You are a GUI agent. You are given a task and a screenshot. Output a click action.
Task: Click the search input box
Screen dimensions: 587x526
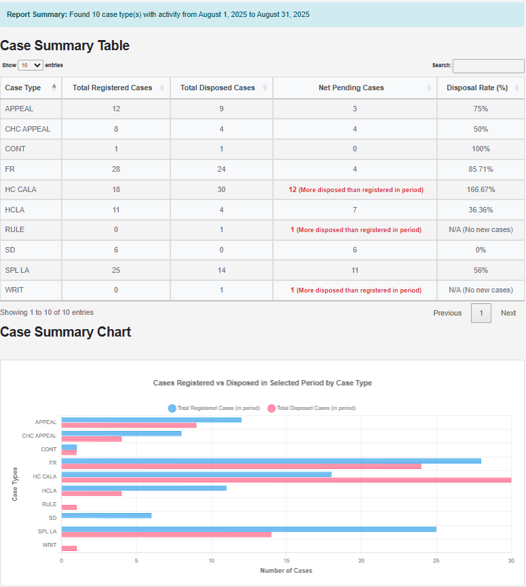click(488, 66)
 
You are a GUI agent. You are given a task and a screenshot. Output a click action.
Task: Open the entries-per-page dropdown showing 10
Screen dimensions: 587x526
click(31, 66)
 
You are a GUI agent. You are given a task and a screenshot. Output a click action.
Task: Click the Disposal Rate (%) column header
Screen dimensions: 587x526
click(477, 88)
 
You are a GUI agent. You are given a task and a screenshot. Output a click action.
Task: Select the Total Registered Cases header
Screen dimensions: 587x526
click(112, 88)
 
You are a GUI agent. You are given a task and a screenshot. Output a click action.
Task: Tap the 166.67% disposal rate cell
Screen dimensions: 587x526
click(481, 189)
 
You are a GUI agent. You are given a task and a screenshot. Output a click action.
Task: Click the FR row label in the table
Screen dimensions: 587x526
click(10, 169)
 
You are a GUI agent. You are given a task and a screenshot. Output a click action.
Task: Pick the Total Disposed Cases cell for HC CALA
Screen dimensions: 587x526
click(221, 189)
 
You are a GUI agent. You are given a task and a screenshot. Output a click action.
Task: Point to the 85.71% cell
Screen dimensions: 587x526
click(481, 169)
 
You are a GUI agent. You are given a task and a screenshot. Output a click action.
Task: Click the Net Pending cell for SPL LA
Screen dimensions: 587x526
click(355, 270)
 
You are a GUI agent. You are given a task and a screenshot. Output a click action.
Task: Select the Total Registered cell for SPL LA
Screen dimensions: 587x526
click(116, 270)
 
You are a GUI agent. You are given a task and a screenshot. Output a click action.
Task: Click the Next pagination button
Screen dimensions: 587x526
click(508, 313)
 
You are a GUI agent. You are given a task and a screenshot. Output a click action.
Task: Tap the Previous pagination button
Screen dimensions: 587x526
click(447, 313)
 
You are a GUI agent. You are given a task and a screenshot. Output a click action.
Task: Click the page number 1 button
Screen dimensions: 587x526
click(481, 313)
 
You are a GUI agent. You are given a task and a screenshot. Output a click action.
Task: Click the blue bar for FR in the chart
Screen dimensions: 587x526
click(271, 461)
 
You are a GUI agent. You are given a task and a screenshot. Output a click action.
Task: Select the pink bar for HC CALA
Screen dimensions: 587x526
click(286, 480)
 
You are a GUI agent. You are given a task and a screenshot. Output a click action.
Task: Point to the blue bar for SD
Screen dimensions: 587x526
click(106, 516)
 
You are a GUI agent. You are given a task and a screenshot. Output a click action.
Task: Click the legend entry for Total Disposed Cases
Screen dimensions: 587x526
click(312, 408)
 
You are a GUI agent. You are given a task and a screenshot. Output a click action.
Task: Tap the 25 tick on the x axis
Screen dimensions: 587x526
click(436, 561)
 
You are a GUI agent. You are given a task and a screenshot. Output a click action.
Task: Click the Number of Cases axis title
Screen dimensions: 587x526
click(286, 571)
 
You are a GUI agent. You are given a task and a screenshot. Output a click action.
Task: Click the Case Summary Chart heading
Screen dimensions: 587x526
click(66, 332)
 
